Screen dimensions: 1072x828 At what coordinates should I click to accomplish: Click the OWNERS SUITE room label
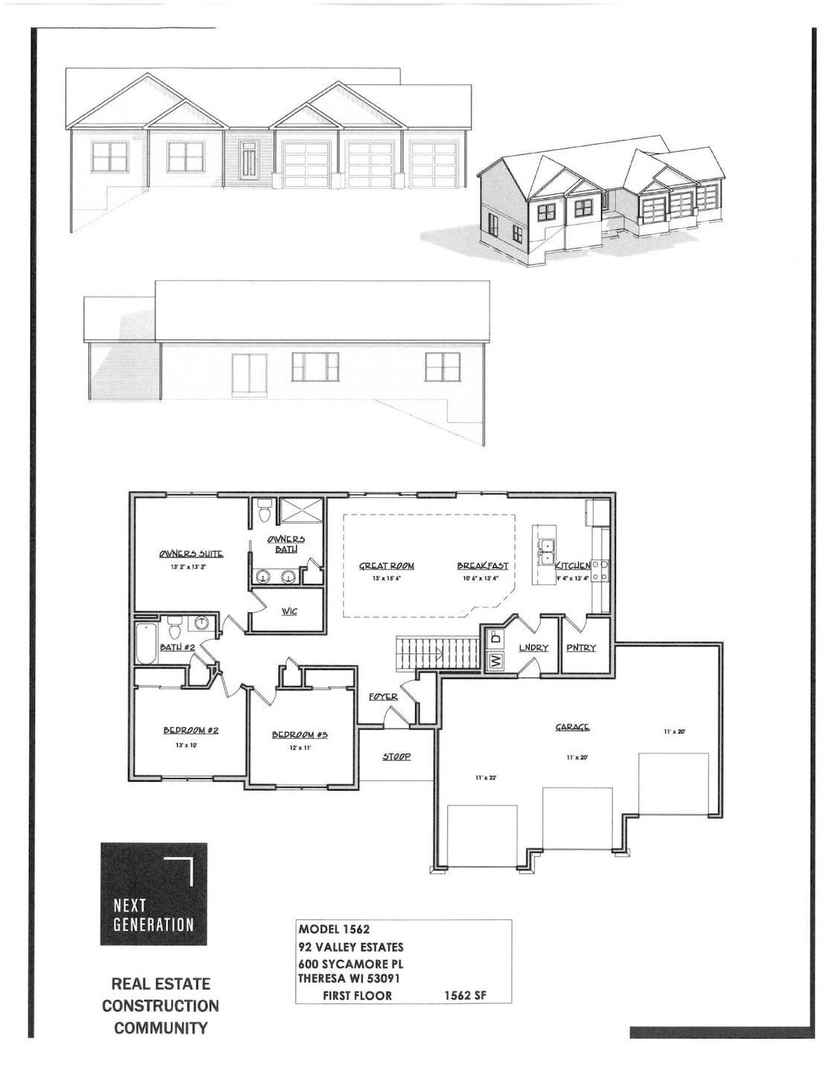pyautogui.click(x=190, y=554)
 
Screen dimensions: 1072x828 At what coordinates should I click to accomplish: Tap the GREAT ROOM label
pyautogui.click(x=386, y=566)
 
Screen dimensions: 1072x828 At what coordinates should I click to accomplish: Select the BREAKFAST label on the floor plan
pyautogui.click(x=482, y=566)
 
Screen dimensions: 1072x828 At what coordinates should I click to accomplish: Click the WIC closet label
pyautogui.click(x=289, y=611)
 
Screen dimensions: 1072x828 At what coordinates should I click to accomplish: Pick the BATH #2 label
pyautogui.click(x=177, y=648)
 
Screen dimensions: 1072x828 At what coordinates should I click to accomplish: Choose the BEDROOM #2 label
pyautogui.click(x=190, y=730)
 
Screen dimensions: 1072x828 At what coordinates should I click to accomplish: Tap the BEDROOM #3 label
pyautogui.click(x=300, y=735)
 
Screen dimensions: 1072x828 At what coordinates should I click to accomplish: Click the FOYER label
pyautogui.click(x=383, y=697)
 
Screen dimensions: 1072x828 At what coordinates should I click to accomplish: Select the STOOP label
pyautogui.click(x=397, y=756)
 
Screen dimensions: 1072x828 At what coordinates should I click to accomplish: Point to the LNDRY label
pyautogui.click(x=533, y=648)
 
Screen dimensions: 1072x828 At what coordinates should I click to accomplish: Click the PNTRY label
pyautogui.click(x=581, y=648)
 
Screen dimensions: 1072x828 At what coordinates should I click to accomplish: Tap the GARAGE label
pyautogui.click(x=572, y=727)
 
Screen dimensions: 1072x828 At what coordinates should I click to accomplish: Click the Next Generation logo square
pyautogui.click(x=154, y=894)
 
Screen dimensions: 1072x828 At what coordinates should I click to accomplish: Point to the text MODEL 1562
pyautogui.click(x=334, y=929)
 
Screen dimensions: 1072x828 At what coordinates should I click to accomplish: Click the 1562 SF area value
pyautogui.click(x=465, y=995)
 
